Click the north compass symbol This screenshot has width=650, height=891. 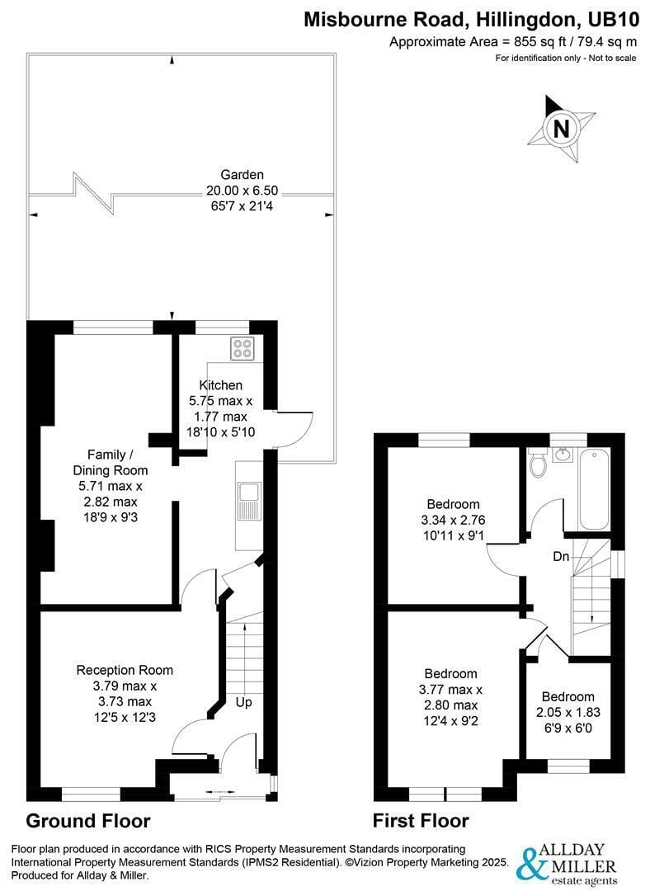pos(561,130)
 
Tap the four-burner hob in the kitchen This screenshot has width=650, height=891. pos(243,348)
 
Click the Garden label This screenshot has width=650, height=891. pos(242,175)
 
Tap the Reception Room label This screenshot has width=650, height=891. pos(125,670)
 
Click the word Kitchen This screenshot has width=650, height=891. pos(220,385)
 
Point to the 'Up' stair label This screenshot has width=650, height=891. pos(244,703)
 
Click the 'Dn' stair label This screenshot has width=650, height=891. pos(561,557)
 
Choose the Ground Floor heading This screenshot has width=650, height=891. pos(88,821)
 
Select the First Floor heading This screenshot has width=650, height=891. pos(421,821)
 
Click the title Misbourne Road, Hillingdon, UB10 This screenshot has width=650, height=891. pos(471,19)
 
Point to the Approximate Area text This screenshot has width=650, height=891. pos(513,42)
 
